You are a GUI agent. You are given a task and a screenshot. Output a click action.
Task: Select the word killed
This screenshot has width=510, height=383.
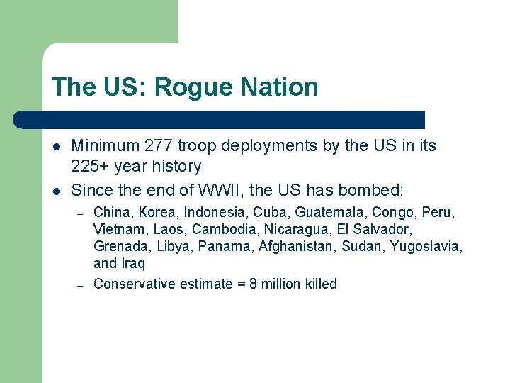pos(321,284)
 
